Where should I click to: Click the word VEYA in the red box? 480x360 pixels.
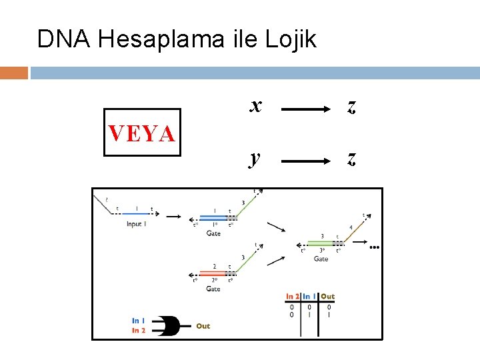(x=141, y=133)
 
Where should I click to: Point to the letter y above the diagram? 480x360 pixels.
(x=255, y=158)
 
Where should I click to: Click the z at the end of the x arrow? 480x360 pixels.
(x=351, y=106)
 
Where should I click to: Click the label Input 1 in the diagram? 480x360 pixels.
(x=136, y=224)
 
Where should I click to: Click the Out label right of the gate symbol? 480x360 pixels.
(x=203, y=326)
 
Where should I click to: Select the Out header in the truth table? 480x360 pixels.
(x=327, y=297)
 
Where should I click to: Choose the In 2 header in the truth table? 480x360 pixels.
(x=292, y=297)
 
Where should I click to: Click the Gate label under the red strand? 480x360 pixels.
(x=213, y=289)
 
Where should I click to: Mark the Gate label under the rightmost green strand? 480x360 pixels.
(x=321, y=259)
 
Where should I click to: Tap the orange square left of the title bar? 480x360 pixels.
(x=13, y=72)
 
